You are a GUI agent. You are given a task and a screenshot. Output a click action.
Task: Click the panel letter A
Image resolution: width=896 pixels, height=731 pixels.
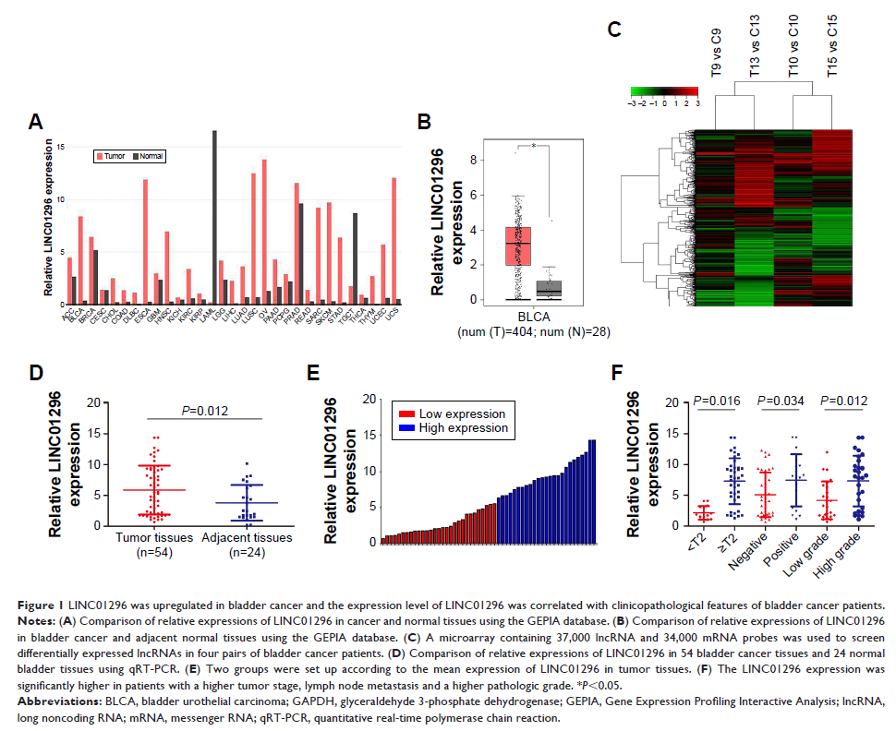coord(35,122)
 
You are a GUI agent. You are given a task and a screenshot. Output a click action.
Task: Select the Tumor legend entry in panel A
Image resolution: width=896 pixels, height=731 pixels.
coord(114,157)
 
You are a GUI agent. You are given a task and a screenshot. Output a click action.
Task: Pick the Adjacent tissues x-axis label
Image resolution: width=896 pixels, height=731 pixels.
coord(248,537)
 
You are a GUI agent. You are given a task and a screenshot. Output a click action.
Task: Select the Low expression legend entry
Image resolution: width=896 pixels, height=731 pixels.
coord(451,413)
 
